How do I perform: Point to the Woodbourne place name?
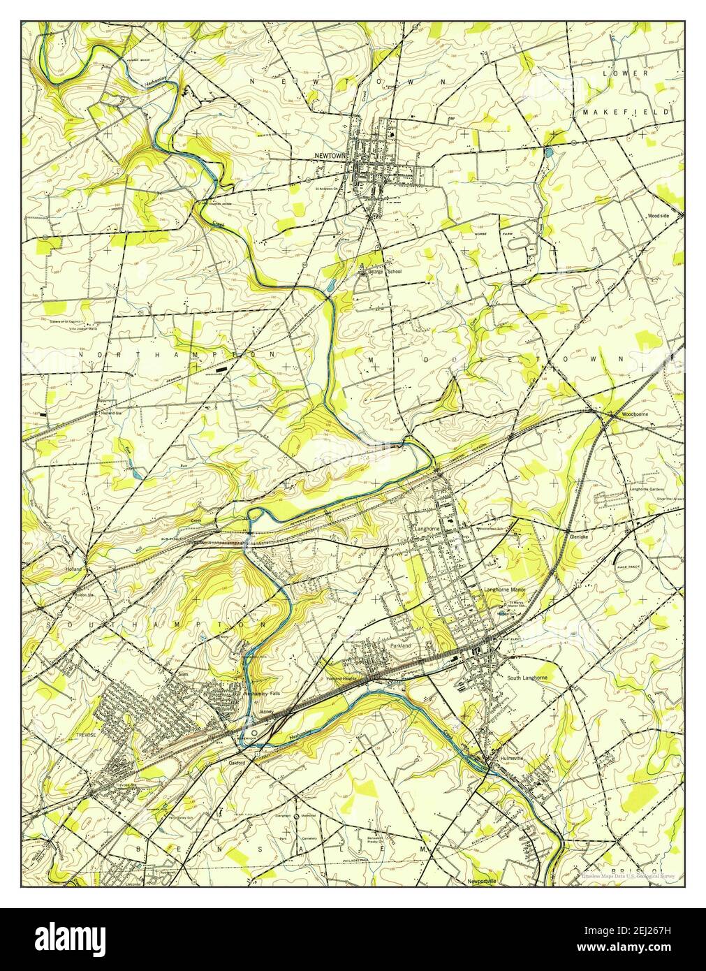coord(628,415)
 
